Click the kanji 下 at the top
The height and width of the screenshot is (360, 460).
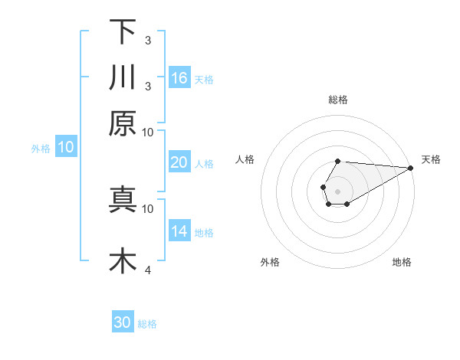tap(123, 31)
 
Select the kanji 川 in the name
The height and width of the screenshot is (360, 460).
tap(123, 77)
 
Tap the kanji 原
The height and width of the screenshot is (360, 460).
tap(123, 123)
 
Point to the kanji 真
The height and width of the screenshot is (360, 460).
tap(123, 198)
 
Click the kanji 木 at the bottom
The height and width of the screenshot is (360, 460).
tap(123, 260)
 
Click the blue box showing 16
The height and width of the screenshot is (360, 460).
tap(179, 77)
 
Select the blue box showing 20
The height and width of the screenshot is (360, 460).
tap(179, 162)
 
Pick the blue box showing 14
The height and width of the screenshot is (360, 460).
tap(179, 231)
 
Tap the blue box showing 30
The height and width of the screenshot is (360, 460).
tap(123, 322)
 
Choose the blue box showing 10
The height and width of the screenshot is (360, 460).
tap(66, 148)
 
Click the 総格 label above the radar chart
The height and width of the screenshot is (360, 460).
tap(338, 100)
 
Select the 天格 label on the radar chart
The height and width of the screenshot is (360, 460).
tap(431, 159)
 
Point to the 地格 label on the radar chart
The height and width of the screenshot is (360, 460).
tap(402, 263)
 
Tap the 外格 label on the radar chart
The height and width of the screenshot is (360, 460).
tap(270, 263)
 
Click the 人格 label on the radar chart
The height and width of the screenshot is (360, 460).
tap(245, 159)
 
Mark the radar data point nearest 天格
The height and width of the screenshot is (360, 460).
tap(411, 169)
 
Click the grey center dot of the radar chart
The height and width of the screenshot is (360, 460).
tap(337, 190)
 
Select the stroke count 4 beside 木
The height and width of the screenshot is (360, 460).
tap(147, 269)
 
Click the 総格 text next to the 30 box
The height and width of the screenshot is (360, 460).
tap(147, 324)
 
